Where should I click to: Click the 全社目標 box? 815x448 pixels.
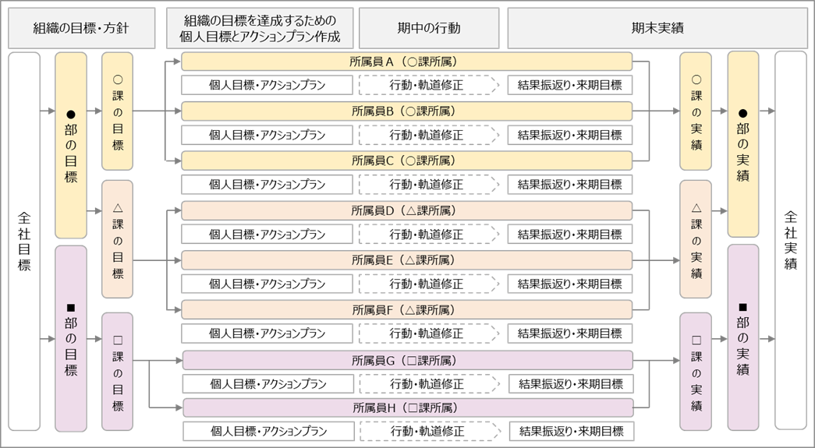[x=23, y=242]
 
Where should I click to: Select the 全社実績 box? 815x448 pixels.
[x=791, y=242]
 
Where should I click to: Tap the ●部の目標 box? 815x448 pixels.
[x=71, y=145]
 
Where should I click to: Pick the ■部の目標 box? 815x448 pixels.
[x=71, y=338]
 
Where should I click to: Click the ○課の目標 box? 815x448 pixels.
[x=118, y=111]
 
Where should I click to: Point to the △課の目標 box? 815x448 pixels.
[x=118, y=238]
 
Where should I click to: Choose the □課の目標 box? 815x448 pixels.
[x=118, y=372]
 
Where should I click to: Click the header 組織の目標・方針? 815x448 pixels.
[x=81, y=29]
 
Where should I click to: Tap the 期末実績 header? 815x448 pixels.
[x=657, y=29]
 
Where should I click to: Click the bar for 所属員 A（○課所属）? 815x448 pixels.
[x=406, y=62]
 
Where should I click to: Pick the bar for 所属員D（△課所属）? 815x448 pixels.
[x=406, y=210]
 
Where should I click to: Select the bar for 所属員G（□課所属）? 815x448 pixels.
[x=406, y=360]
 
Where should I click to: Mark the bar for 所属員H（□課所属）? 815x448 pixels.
[x=406, y=407]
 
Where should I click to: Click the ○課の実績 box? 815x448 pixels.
[x=696, y=111]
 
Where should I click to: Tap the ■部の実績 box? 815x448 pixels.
[x=743, y=338]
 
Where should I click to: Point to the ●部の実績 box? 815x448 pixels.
[x=743, y=145]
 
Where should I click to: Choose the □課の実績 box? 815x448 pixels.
[x=696, y=372]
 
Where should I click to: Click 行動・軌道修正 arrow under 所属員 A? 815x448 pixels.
[x=427, y=86]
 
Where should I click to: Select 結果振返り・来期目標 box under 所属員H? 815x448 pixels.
[x=570, y=431]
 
